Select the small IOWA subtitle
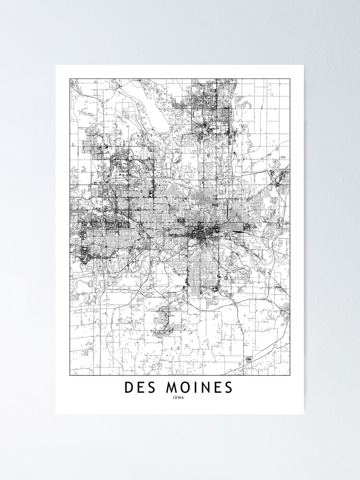tap(180, 397)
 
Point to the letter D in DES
tap(129, 387)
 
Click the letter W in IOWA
tap(181, 397)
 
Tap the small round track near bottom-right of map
tap(249, 359)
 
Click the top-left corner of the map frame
tap(70, 79)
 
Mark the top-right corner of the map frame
tap(289, 79)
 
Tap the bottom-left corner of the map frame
tap(70, 375)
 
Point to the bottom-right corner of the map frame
tap(289, 375)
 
